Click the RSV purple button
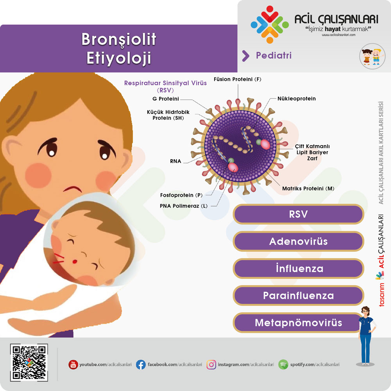click(x=298, y=214)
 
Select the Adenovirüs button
click(x=298, y=241)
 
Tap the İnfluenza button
click(x=298, y=269)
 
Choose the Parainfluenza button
click(x=298, y=296)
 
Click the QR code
click(x=29, y=362)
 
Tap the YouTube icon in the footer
click(x=73, y=364)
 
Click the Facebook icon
click(x=141, y=364)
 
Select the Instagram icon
click(x=211, y=364)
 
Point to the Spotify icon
click(x=283, y=364)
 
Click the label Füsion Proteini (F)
click(x=237, y=79)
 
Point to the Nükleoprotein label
click(x=296, y=99)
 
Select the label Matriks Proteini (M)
click(x=308, y=188)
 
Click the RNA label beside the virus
click(x=176, y=161)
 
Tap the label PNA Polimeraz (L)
click(x=183, y=206)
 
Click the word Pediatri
click(x=274, y=56)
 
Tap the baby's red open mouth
click(x=75, y=262)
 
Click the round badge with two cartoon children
click(x=372, y=56)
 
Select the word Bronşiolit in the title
click(x=119, y=39)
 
